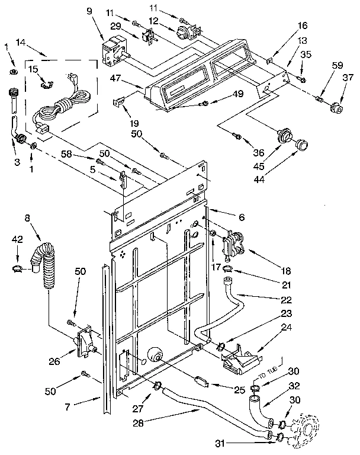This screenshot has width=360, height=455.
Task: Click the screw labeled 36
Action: coord(237,136)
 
